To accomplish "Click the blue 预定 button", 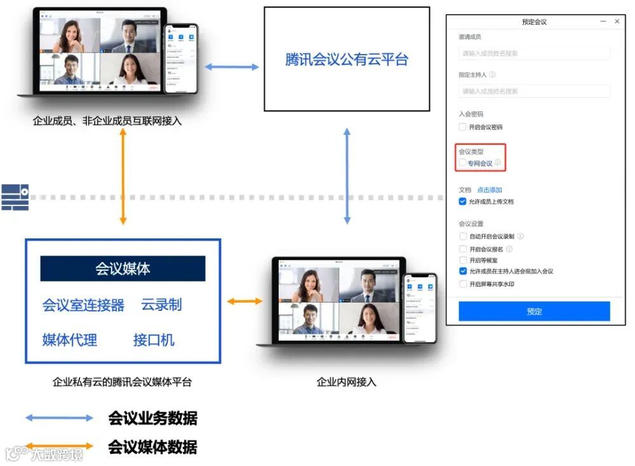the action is click(534, 312).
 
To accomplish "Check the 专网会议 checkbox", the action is click(463, 163).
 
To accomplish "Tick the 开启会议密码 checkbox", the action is click(463, 127).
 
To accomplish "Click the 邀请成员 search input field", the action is click(534, 53).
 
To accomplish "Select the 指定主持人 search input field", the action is click(534, 91).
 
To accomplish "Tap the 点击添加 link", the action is click(490, 190).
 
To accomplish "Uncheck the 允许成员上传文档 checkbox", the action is click(463, 202).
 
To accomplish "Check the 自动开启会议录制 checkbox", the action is click(463, 236).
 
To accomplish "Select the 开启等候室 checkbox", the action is click(463, 260).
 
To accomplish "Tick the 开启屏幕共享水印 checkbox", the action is click(463, 284).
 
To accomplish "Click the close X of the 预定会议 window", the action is click(617, 22).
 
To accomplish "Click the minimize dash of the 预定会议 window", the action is click(603, 22).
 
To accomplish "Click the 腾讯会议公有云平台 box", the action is click(347, 59).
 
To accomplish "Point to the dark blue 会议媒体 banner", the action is click(123, 268).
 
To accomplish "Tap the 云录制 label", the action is click(161, 305).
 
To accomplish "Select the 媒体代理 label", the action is click(70, 340).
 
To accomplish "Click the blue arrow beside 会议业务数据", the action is click(59, 418).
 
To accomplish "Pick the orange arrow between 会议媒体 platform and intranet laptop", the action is click(244, 301).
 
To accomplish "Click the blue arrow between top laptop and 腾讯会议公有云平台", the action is click(231, 66).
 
